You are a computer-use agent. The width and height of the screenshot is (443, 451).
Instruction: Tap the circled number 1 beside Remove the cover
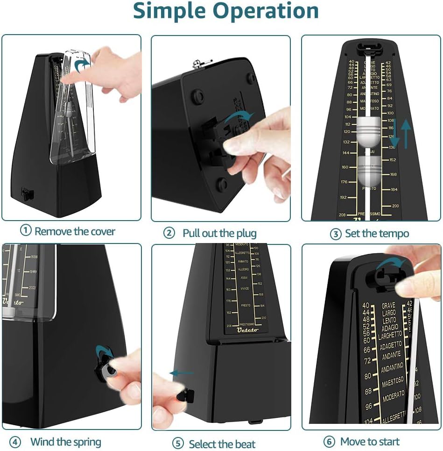pos(26,231)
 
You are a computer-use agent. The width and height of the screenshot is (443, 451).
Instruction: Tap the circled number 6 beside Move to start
pos(330,442)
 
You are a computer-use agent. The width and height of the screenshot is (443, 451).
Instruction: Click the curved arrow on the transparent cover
pos(83,64)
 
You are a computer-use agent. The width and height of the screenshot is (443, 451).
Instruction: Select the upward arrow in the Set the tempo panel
pos(406,134)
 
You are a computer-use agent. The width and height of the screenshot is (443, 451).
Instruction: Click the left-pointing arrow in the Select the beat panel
pos(181,373)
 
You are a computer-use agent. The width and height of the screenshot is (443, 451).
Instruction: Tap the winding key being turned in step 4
pos(107,369)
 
